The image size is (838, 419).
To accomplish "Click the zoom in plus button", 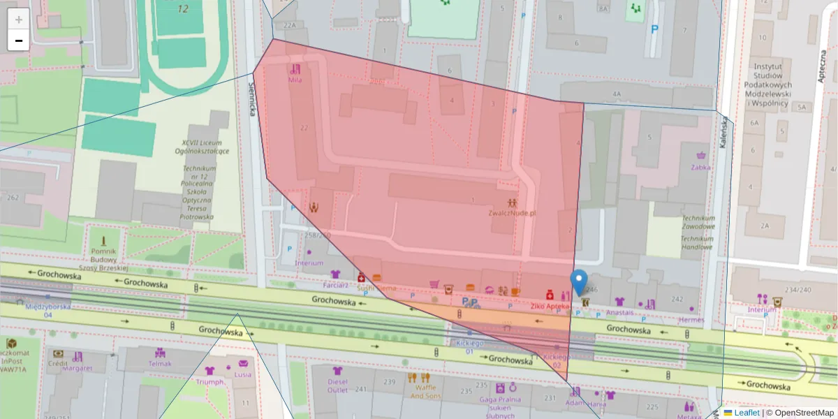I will coord(19,20).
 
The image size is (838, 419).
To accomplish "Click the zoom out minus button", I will coord(19,41).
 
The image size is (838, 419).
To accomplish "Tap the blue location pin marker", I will coord(579,283).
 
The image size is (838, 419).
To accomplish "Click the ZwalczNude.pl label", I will coord(512,213).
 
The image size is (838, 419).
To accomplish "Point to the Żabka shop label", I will coord(700,167).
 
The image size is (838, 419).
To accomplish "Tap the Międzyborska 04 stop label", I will coord(47,310).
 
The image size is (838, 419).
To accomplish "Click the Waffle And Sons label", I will coord(426,392).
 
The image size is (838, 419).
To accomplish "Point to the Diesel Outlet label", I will coord(338,385).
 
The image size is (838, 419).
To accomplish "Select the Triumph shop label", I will coord(209,382).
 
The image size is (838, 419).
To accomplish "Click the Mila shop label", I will coord(295,80).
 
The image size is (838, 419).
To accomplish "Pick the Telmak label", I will coord(160,363).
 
